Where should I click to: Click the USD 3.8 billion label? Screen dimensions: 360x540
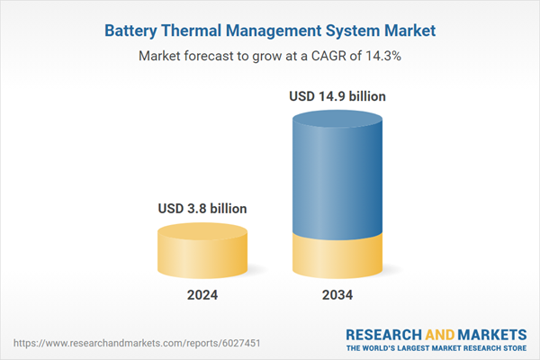click(202, 209)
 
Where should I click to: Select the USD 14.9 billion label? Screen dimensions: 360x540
click(337, 94)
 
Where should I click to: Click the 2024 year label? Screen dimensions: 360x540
click(202, 295)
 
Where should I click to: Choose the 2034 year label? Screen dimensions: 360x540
click(337, 295)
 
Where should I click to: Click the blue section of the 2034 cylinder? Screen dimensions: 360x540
click(337, 171)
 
